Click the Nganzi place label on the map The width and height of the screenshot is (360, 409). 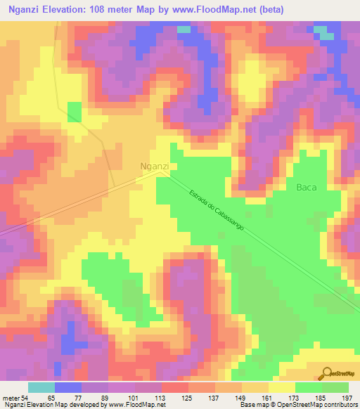155,166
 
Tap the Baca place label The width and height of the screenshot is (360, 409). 307,187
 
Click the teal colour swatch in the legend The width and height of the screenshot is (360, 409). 41,387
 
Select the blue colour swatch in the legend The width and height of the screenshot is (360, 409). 67,387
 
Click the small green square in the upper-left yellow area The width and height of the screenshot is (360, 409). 75,112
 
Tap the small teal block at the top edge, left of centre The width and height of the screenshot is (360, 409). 183,30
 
